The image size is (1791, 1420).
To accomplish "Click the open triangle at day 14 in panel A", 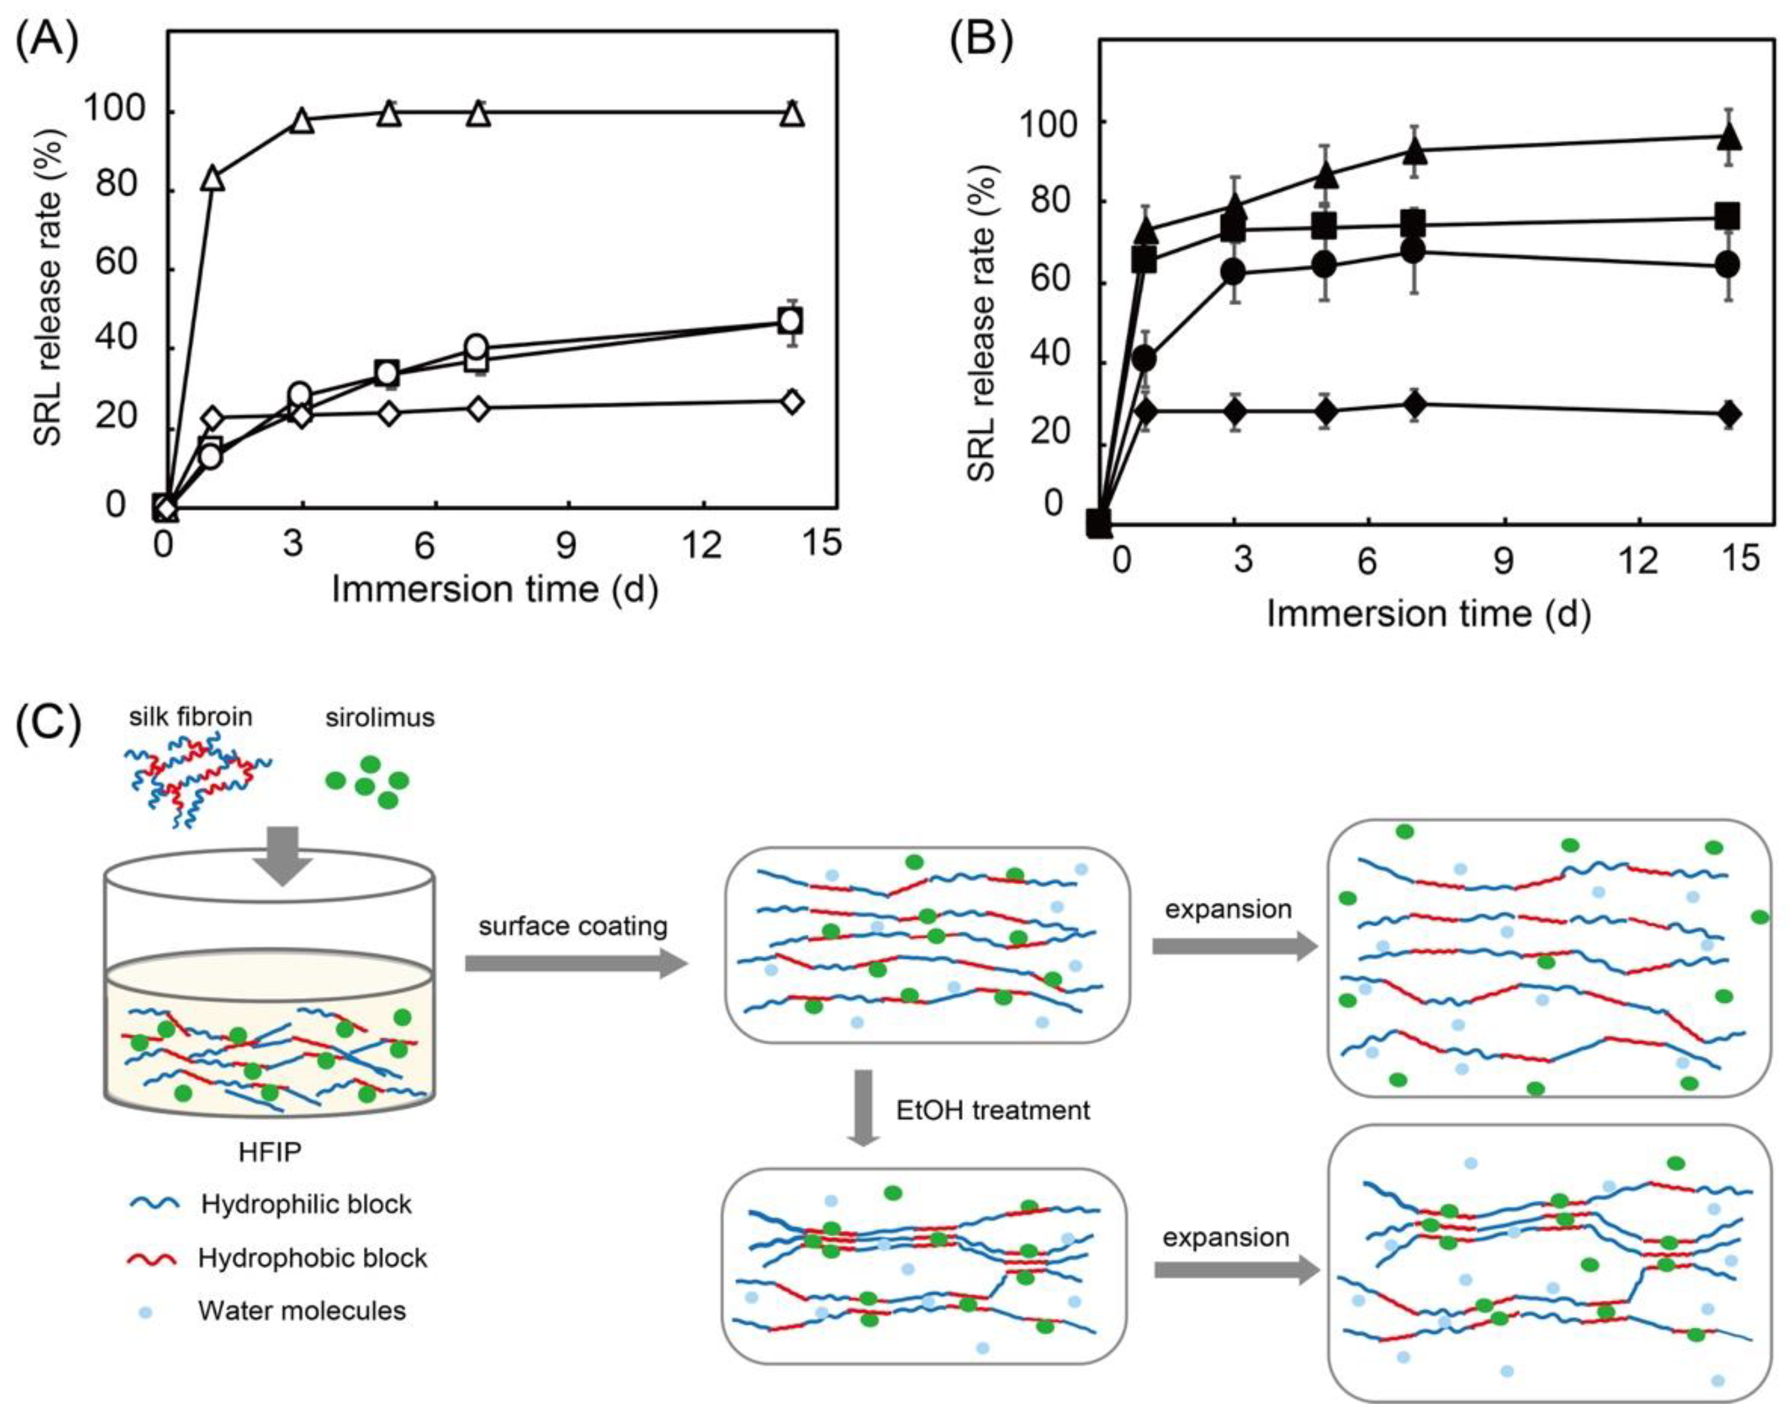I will point(793,112).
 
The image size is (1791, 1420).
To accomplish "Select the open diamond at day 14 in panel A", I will point(793,401).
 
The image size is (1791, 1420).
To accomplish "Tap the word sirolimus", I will point(380,717).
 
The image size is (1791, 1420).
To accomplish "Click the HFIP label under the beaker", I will point(270,1152).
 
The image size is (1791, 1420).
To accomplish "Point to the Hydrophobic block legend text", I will point(313,1258).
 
